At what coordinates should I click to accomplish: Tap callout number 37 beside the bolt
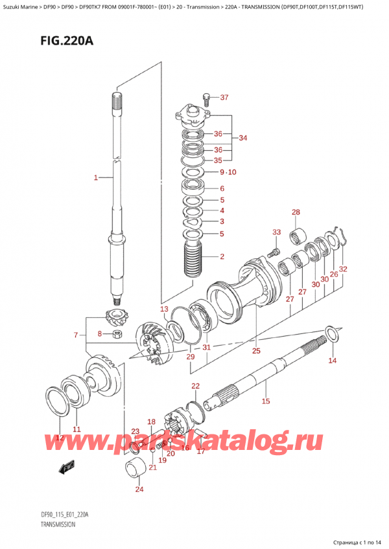pos(224,98)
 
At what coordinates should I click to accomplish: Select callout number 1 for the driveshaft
pos(95,177)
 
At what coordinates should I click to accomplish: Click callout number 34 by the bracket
pos(243,138)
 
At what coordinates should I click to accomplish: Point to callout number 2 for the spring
pos(222,256)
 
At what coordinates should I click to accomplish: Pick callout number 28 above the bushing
pos(296,212)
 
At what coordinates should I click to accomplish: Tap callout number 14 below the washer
pos(333,360)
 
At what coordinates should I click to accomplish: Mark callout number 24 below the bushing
pos(139,489)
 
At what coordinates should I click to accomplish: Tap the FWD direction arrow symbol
pos(66,467)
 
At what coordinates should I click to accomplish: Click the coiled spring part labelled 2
pos(194,265)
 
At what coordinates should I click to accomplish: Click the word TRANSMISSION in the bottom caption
pos(58,525)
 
